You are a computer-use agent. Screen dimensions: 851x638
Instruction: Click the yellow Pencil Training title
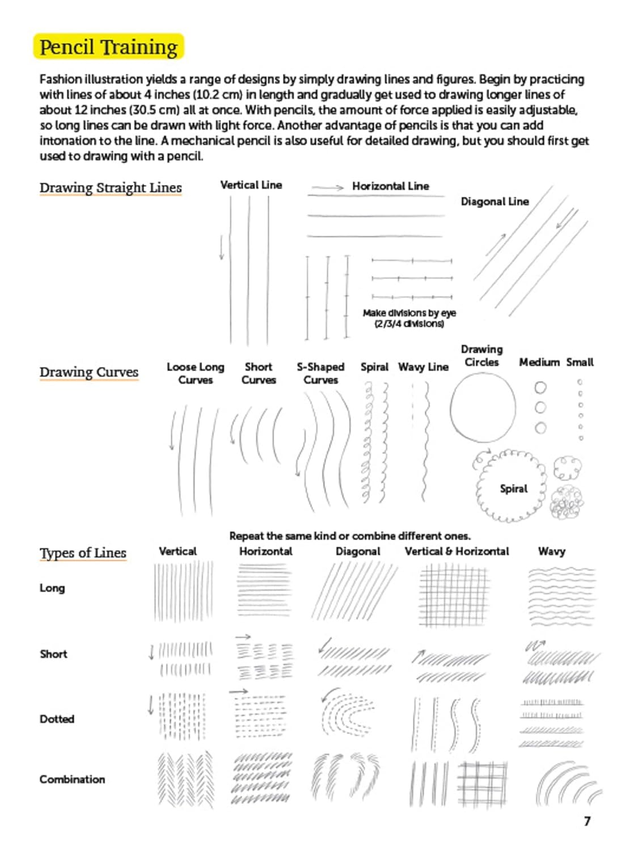click(x=108, y=47)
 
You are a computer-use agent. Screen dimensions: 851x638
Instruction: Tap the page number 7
click(x=587, y=821)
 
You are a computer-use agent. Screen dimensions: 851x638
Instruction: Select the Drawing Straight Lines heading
click(x=111, y=187)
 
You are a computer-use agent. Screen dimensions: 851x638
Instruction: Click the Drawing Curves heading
click(x=89, y=372)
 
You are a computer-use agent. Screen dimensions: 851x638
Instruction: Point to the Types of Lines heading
click(x=83, y=553)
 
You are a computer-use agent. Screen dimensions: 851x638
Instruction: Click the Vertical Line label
click(x=251, y=185)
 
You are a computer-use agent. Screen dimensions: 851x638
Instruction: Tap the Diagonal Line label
click(x=495, y=201)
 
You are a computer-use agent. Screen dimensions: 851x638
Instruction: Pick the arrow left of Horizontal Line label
click(x=328, y=187)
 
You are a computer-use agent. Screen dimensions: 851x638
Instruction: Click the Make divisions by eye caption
click(x=409, y=318)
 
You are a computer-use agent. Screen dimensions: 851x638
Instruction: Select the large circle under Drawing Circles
click(x=483, y=408)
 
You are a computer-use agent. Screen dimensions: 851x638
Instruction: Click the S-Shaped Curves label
click(x=320, y=373)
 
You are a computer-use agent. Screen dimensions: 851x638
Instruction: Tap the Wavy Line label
click(x=423, y=367)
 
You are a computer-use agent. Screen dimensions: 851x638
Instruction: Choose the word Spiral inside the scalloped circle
click(x=513, y=488)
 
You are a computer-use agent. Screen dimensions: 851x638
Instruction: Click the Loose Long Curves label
click(x=196, y=373)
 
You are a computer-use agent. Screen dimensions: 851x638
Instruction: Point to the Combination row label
click(x=72, y=779)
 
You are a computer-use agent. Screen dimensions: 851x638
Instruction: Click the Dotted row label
click(x=57, y=719)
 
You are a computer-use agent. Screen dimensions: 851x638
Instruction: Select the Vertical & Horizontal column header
click(x=457, y=551)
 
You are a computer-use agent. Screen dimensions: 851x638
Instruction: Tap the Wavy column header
click(x=551, y=551)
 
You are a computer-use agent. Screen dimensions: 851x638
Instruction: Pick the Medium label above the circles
click(x=539, y=362)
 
